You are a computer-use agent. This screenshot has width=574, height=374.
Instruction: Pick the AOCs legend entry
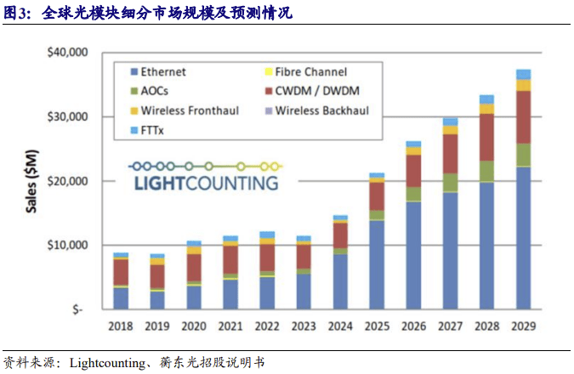pyautogui.click(x=154, y=91)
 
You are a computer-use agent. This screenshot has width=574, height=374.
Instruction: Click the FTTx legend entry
pyautogui.click(x=151, y=129)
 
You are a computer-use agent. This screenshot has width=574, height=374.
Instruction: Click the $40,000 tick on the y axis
pyautogui.click(x=65, y=53)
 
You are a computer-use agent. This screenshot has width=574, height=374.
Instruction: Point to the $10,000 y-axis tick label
pyautogui.click(x=65, y=245)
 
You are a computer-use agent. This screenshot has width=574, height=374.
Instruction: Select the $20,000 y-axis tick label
pyautogui.click(x=65, y=181)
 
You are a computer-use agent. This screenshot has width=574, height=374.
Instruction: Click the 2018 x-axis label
pyautogui.click(x=121, y=325)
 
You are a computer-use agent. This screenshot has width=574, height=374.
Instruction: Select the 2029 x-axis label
pyautogui.click(x=524, y=325)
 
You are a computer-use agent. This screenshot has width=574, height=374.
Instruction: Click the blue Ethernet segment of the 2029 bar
pyautogui.click(x=524, y=238)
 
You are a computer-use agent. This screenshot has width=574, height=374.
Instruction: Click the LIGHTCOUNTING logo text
pyautogui.click(x=205, y=183)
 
